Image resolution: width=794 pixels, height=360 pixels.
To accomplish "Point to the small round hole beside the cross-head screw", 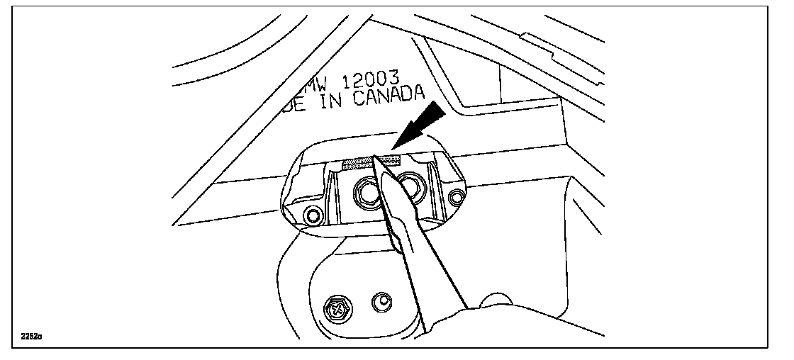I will pos(383,301).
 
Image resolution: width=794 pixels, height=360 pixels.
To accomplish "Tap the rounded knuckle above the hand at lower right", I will pos(494,298).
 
